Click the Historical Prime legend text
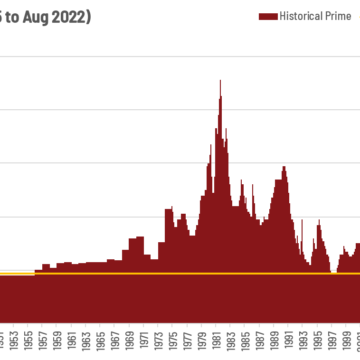click(315, 16)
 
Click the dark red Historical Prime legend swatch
click(268, 17)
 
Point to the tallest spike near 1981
click(220, 82)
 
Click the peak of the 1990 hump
click(284, 168)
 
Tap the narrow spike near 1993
click(302, 221)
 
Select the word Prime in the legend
click(337, 16)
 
